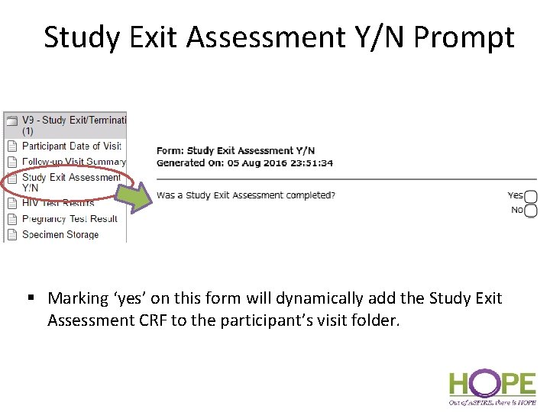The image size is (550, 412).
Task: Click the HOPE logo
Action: click(x=492, y=386)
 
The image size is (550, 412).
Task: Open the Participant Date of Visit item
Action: click(x=71, y=146)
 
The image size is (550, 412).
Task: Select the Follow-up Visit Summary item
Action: click(x=73, y=162)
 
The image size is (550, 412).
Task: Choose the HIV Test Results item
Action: click(x=58, y=203)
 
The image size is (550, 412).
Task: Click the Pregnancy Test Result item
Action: click(x=70, y=219)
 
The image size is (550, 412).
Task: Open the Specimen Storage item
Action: click(x=60, y=235)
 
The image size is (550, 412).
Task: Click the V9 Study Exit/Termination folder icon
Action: click(x=11, y=121)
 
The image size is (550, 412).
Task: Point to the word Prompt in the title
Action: click(x=464, y=37)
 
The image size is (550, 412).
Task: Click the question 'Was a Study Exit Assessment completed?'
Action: click(x=245, y=195)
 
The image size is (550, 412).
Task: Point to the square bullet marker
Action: click(x=33, y=298)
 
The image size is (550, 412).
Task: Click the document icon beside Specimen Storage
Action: click(x=11, y=235)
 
